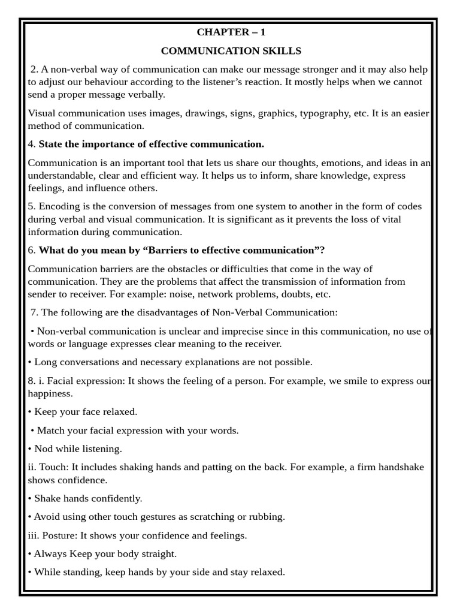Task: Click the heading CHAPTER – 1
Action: pyautogui.click(x=231, y=32)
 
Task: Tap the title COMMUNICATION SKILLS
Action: pyautogui.click(x=231, y=51)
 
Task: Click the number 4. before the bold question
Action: pyautogui.click(x=32, y=144)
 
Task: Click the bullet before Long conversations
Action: pyautogui.click(x=30, y=362)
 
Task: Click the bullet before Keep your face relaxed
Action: pyautogui.click(x=30, y=412)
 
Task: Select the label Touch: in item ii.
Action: pyautogui.click(x=52, y=467)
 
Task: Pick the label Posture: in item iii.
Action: pyautogui.click(x=60, y=535)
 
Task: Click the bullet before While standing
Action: pyautogui.click(x=30, y=572)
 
